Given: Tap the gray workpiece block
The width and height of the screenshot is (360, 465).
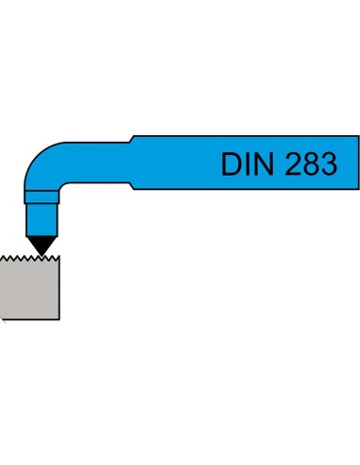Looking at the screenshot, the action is (x=30, y=288).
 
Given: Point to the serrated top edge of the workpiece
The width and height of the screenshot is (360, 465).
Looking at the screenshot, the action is (x=28, y=258).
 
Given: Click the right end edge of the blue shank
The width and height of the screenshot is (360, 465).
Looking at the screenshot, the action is (x=357, y=163).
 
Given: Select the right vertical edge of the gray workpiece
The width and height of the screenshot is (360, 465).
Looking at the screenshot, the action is (x=60, y=288).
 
